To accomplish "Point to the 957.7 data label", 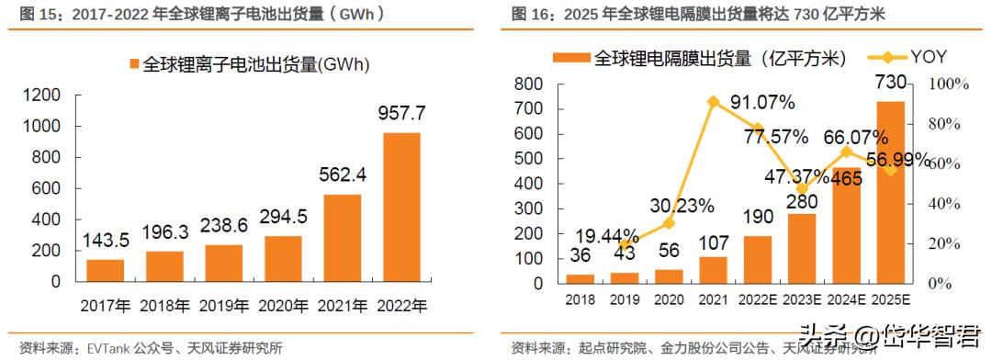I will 401,114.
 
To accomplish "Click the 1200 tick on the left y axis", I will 41,95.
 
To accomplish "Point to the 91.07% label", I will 759,102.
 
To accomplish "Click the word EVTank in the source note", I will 108,348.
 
